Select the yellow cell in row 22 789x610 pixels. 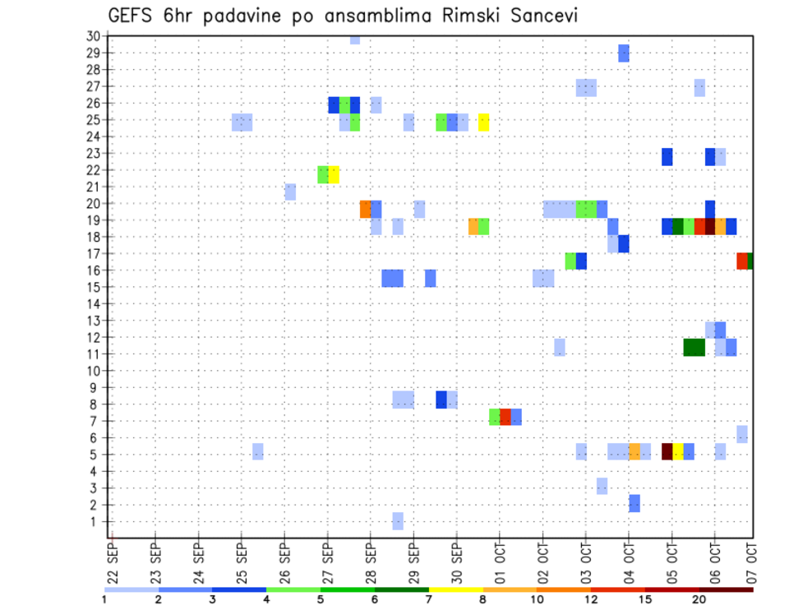tap(334, 174)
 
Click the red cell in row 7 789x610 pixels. tap(505, 417)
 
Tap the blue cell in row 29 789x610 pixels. tap(624, 53)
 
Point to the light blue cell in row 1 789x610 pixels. tap(398, 521)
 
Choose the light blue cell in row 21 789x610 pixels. tap(290, 192)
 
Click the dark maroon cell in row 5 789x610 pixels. tap(667, 451)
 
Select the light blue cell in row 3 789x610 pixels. tap(602, 486)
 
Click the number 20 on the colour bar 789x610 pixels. tap(699, 599)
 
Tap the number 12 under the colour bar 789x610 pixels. tap(592, 599)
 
